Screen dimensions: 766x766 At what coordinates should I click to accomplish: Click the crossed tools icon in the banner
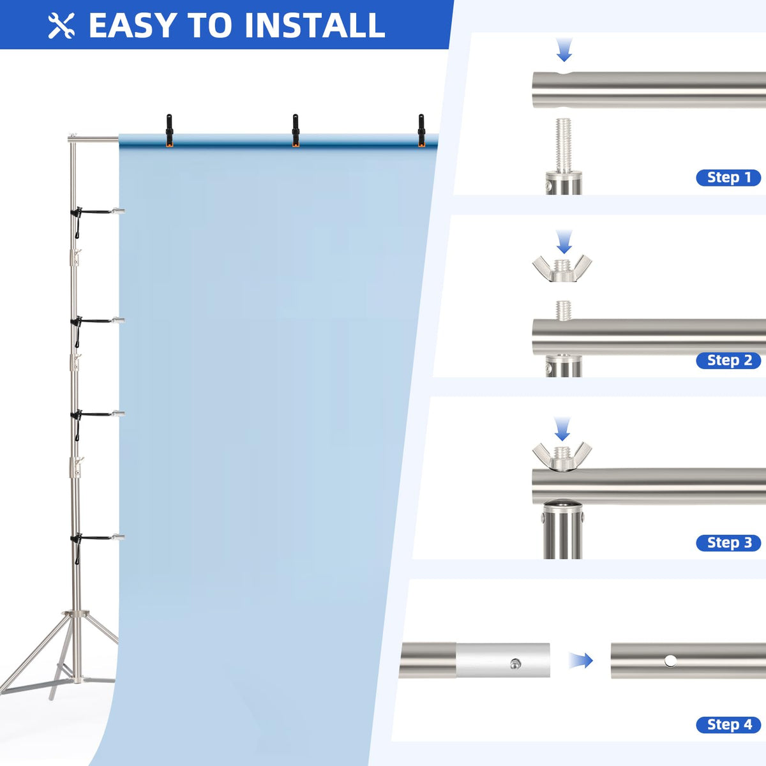(x=61, y=26)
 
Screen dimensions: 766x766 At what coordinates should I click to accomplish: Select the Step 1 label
(x=728, y=177)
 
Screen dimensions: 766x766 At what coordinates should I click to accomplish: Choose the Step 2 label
(x=728, y=361)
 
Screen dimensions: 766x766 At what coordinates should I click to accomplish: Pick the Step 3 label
(x=728, y=543)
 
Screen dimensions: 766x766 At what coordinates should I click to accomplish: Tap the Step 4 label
(x=728, y=725)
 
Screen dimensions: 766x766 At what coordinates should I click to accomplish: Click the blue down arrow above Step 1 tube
(x=564, y=50)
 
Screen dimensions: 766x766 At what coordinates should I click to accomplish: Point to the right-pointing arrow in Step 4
(x=581, y=661)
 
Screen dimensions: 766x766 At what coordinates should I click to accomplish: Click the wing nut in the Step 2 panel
(x=562, y=268)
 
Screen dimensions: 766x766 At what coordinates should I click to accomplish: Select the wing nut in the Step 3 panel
(x=562, y=456)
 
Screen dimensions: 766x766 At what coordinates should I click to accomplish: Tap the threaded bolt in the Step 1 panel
(x=563, y=145)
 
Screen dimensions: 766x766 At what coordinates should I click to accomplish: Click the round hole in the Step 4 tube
(x=670, y=661)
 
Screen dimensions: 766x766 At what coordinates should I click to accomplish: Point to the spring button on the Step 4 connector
(x=516, y=663)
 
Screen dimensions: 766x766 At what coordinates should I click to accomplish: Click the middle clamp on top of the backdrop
(x=296, y=130)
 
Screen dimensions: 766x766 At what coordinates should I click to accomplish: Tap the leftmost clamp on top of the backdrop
(x=169, y=130)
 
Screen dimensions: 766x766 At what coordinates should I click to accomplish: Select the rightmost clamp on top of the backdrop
(x=421, y=130)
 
